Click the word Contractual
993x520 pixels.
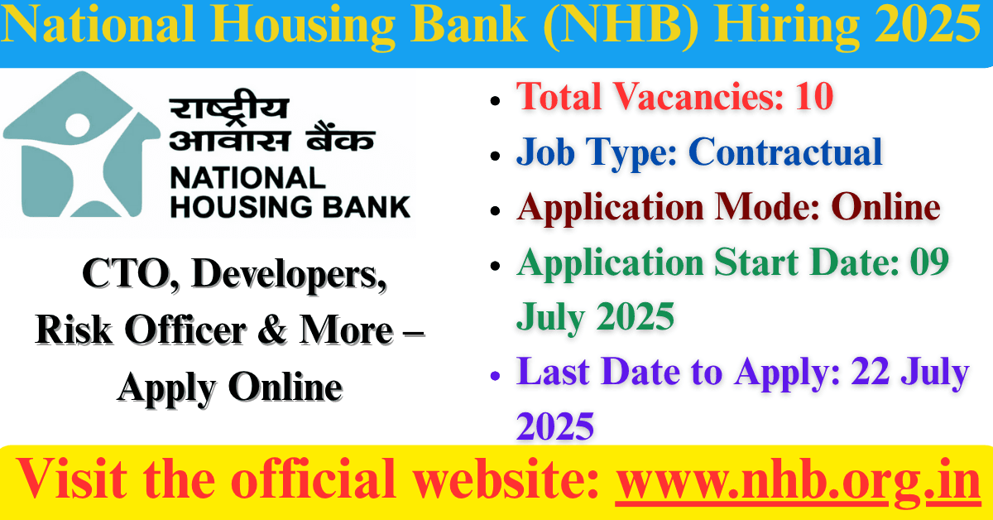click(785, 152)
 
